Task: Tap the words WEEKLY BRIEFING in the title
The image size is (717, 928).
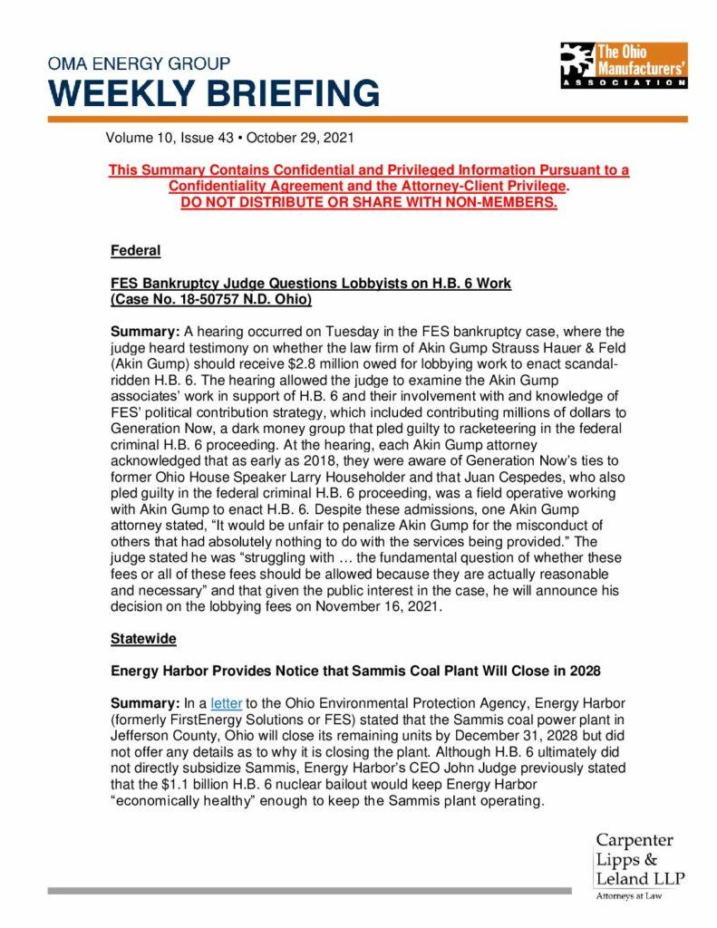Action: click(214, 93)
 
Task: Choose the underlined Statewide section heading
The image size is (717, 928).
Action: click(143, 638)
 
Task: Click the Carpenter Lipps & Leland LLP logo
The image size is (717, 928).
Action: click(639, 858)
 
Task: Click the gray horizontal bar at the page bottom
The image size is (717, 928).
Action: click(308, 891)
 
